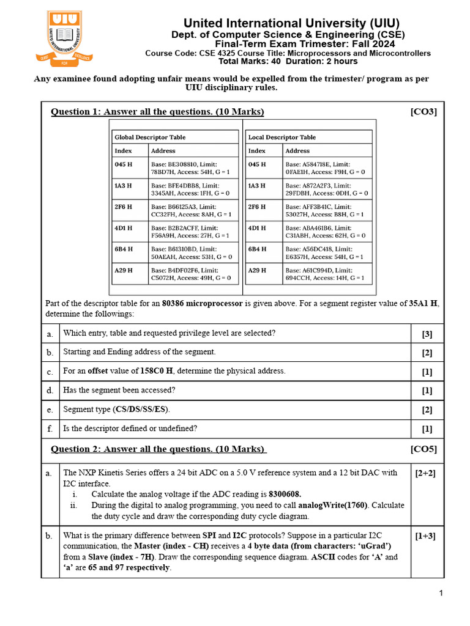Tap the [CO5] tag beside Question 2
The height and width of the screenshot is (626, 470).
point(423,449)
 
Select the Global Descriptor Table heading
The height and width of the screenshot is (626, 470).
point(150,137)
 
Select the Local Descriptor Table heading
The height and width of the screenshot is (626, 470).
point(282,137)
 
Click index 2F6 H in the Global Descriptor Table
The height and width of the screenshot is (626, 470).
point(124,207)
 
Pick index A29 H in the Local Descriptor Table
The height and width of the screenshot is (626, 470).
point(257,270)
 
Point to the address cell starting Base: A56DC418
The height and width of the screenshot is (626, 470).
point(325,253)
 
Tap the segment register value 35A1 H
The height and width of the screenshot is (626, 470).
point(423,303)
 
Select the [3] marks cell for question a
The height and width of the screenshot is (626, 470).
point(427,333)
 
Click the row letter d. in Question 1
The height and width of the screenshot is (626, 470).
point(50,390)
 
